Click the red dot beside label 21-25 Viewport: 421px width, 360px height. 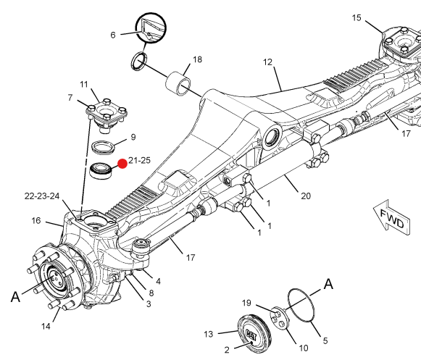point(122,164)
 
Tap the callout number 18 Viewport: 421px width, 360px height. point(197,59)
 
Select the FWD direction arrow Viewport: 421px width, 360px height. point(392,218)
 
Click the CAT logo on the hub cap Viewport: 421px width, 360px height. point(251,335)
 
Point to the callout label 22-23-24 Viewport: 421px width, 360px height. point(42,196)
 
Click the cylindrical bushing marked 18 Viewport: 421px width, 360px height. point(178,83)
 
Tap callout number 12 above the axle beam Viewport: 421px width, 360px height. point(267,62)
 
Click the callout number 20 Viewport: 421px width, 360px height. point(306,196)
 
